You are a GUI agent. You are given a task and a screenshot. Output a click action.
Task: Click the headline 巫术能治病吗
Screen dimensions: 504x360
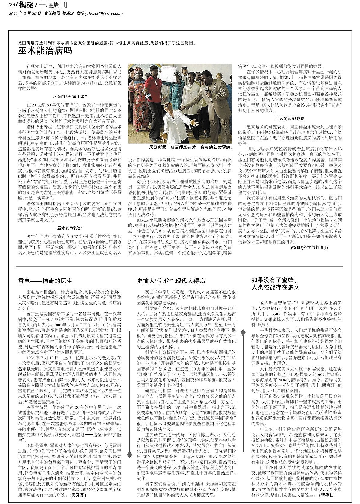pos(45,51)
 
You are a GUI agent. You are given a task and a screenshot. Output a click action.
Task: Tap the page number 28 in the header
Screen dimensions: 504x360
pos(13,6)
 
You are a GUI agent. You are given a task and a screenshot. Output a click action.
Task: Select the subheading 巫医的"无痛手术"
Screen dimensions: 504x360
pos(70,97)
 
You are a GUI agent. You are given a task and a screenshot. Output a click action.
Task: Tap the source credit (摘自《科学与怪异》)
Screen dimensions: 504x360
pos(309,248)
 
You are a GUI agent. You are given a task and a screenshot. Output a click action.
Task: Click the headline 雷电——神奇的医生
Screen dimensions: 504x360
pos(45,281)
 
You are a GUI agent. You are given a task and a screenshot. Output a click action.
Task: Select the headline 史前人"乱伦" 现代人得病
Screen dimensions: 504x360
pos(171,281)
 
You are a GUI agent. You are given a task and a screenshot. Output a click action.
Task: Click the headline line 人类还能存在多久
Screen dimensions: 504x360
pos(276,287)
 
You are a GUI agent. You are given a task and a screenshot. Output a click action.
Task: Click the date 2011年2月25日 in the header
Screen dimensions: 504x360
pos(25,13)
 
